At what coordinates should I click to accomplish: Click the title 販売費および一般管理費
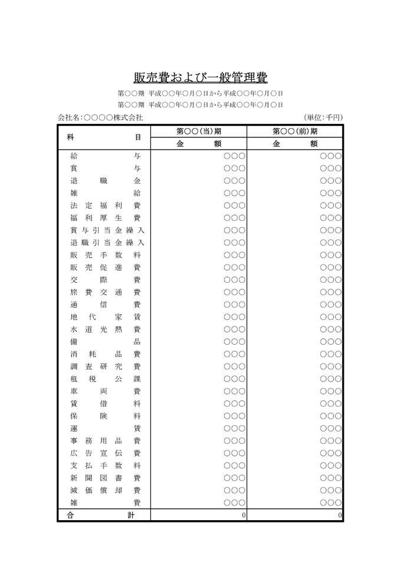pos(200,78)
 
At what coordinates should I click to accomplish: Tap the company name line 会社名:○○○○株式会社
pos(100,117)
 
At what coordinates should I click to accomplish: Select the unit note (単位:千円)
pos(323,117)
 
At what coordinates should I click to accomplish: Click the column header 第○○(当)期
pos(199,131)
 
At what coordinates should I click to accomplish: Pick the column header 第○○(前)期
pos(295,131)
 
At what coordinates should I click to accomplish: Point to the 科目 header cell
pos(104,137)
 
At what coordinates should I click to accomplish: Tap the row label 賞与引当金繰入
pos(106,230)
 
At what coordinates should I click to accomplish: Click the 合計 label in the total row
pos(104,515)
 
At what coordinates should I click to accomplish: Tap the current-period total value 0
pos(243,515)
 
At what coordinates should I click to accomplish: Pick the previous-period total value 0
pos(340,515)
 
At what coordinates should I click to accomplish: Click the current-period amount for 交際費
pos(234,280)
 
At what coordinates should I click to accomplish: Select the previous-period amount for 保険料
pos(330,416)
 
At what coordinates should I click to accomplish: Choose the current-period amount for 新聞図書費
pos(234,478)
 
